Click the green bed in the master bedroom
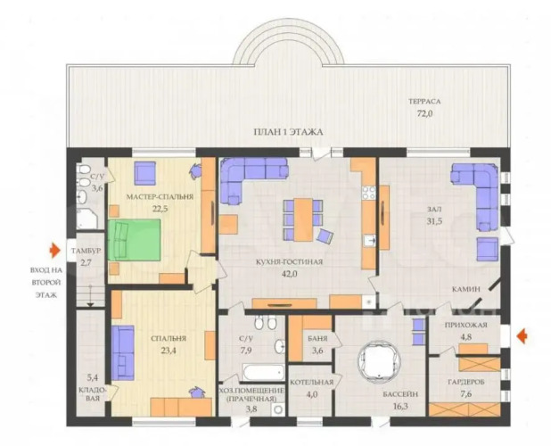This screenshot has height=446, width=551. [x=135, y=240]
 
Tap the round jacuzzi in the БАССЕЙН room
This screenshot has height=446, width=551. [x=379, y=361]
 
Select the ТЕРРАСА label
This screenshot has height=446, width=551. [x=424, y=102]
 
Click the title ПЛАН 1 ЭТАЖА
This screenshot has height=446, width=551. [x=288, y=132]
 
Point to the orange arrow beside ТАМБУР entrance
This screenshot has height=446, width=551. [x=54, y=251]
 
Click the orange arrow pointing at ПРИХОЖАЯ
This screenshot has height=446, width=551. [x=522, y=335]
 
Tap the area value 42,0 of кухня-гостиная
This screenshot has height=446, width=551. [x=289, y=274]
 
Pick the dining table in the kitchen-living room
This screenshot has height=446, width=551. [x=303, y=219]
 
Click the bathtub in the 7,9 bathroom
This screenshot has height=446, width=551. [x=263, y=372]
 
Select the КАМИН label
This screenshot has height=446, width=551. [x=466, y=289]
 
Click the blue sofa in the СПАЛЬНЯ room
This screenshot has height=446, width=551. [x=123, y=353]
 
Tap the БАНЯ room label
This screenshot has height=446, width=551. [x=317, y=339]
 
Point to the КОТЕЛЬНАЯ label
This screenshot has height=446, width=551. [x=312, y=383]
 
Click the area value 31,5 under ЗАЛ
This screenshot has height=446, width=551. [x=434, y=221]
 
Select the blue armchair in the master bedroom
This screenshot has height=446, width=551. [x=144, y=173]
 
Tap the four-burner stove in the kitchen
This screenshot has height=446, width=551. [x=369, y=194]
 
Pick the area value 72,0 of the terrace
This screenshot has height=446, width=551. [x=424, y=113]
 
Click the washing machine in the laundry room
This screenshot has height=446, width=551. [x=279, y=409]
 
